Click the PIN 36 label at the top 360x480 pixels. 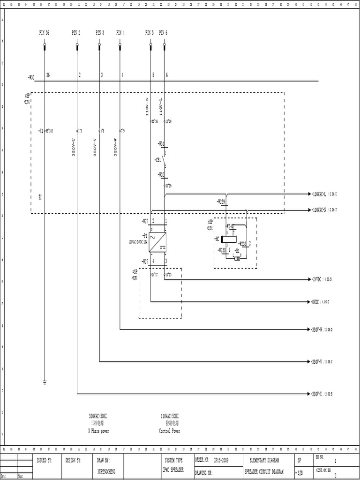(x=44, y=33)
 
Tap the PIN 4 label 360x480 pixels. (x=120, y=33)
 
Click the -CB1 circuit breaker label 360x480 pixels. (x=157, y=160)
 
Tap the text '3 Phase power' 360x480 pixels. (x=98, y=431)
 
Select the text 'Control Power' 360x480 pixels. (x=169, y=431)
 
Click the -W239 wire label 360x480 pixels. (x=221, y=202)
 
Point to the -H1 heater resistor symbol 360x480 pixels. (x=237, y=258)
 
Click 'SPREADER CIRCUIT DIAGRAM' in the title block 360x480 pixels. (x=265, y=472)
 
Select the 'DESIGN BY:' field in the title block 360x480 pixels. (x=73, y=461)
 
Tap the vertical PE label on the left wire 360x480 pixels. (x=40, y=197)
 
